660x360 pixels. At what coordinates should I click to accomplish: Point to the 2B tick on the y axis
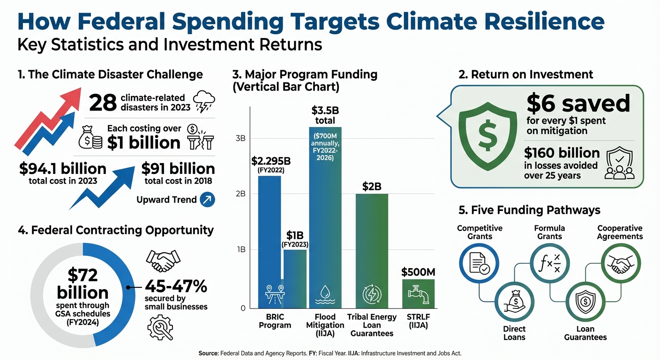pyautogui.click(x=240, y=194)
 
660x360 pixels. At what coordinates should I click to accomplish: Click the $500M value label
pyautogui.click(x=418, y=272)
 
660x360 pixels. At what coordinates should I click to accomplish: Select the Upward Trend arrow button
pyautogui.click(x=207, y=200)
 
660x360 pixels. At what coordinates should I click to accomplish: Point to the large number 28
pyautogui.click(x=103, y=103)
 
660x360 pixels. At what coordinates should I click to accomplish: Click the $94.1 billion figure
pyautogui.click(x=63, y=169)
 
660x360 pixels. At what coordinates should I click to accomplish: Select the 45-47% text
pyautogui.click(x=176, y=286)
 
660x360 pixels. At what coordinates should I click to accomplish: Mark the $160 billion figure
pyautogui.click(x=562, y=153)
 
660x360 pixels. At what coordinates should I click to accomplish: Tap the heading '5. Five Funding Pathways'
pyautogui.click(x=529, y=210)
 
